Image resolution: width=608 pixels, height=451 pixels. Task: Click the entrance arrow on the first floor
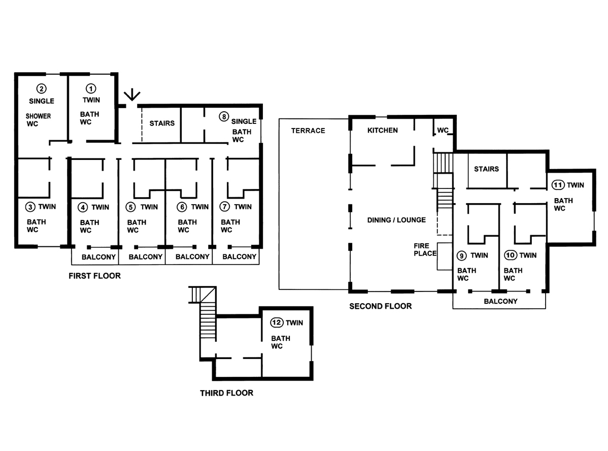tap(132, 94)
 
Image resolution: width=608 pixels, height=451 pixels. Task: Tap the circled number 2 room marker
tap(41, 89)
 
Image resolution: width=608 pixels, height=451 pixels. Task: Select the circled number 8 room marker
tap(224, 116)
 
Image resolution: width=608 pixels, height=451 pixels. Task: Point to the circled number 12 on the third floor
tap(277, 323)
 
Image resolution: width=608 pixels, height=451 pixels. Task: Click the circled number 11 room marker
tap(558, 185)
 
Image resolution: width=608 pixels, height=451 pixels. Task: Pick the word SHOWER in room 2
tap(39, 116)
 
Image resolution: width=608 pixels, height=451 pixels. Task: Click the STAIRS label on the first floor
tap(162, 123)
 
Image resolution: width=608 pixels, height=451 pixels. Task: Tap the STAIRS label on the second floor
tap(486, 169)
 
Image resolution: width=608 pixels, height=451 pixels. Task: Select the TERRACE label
tap(308, 131)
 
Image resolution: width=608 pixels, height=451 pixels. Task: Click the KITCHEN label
tap(383, 131)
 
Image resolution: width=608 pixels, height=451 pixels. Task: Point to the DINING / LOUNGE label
tap(396, 220)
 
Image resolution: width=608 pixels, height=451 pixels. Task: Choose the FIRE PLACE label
tap(425, 249)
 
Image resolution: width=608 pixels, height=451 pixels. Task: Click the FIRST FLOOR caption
tap(94, 276)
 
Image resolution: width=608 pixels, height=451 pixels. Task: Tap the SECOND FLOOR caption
tap(381, 306)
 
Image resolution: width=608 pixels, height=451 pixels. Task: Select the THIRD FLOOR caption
tap(226, 393)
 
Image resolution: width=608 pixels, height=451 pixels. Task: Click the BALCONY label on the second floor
tap(500, 301)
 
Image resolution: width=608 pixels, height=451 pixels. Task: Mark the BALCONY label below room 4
tap(98, 257)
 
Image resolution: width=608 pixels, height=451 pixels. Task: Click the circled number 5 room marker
tap(130, 207)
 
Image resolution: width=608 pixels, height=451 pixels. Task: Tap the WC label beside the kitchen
tap(443, 131)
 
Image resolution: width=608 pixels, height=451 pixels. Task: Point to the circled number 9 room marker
tap(461, 256)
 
